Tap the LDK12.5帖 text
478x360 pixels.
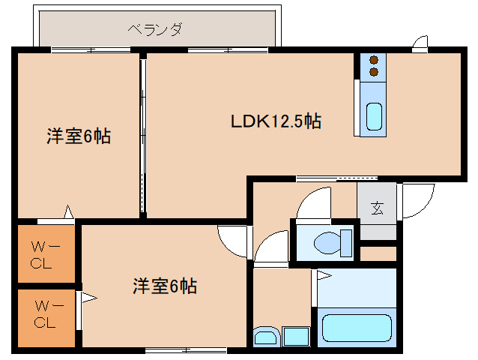(x=275, y=121)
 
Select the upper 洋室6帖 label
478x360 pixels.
(x=79, y=136)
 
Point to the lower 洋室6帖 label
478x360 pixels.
(x=165, y=286)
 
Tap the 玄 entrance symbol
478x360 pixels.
(x=377, y=208)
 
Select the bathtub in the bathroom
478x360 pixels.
(x=357, y=328)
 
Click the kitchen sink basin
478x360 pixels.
(x=373, y=116)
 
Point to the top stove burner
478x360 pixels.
(x=372, y=60)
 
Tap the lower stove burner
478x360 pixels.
(x=372, y=72)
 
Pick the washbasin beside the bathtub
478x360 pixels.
(x=264, y=337)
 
